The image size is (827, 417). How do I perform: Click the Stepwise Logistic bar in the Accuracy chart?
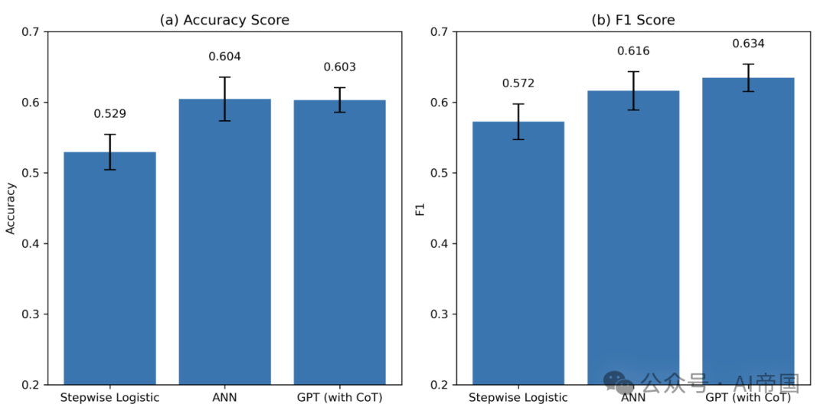coord(110,268)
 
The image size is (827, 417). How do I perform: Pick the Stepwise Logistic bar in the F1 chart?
coord(518,252)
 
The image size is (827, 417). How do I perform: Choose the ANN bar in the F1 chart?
coord(633,237)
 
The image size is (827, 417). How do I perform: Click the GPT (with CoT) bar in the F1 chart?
coord(748,230)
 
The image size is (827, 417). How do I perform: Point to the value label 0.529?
coord(110,114)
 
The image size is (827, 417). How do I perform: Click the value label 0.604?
coord(224,57)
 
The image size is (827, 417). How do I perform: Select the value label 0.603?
coord(339,67)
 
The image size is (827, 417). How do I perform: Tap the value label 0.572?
coord(518,83)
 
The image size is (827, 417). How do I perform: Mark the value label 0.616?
coord(633,51)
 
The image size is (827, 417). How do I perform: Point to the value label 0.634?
coord(748,44)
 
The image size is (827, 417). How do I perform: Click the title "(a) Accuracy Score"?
coord(224,21)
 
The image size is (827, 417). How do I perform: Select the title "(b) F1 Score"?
coord(633,21)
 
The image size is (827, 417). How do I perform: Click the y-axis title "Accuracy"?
coord(11,208)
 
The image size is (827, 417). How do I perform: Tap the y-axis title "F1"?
coord(420,208)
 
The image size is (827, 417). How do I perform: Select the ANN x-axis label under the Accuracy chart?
coord(224,398)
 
